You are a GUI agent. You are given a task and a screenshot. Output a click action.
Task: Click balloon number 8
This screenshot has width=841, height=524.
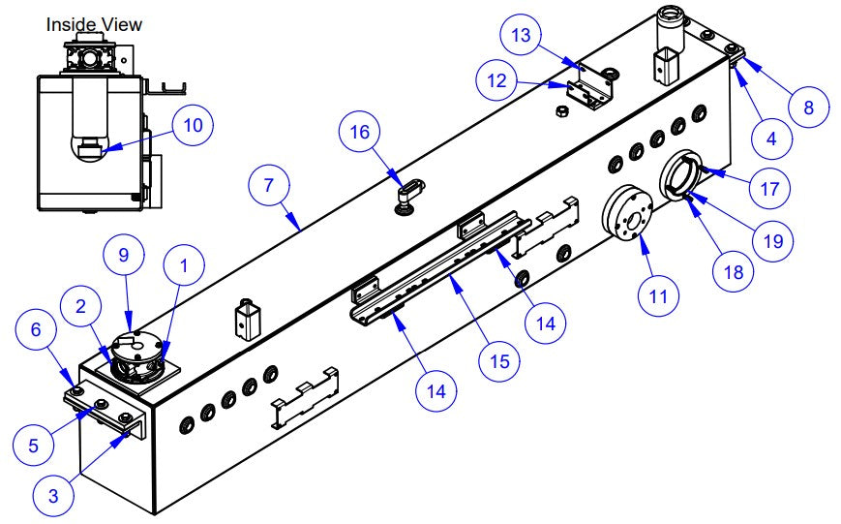tap(807, 107)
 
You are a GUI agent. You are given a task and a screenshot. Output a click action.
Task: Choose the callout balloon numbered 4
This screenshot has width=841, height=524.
tap(770, 138)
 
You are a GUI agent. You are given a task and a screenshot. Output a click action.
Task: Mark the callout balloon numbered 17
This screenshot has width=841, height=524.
tap(770, 187)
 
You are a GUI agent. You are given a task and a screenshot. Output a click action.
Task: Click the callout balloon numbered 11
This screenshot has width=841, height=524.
tap(659, 295)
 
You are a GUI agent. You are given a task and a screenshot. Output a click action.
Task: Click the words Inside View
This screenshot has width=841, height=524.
tap(94, 23)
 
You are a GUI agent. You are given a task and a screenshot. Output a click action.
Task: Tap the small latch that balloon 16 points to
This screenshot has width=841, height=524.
tap(410, 192)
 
